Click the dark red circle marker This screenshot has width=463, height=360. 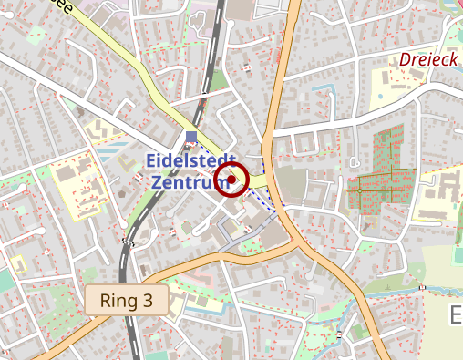(233, 180)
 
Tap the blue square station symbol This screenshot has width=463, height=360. (190, 137)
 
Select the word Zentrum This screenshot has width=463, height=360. (188, 181)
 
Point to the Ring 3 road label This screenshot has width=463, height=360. (127, 299)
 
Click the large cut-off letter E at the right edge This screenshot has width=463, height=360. (457, 315)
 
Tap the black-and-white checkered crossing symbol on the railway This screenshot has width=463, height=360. (127, 242)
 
